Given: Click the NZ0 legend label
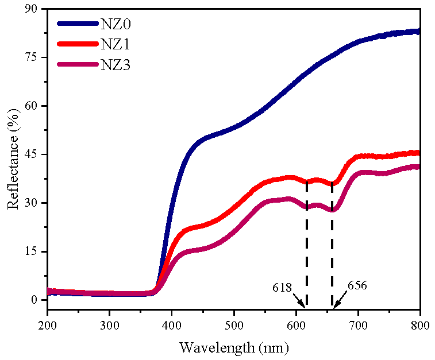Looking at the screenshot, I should coord(117,24).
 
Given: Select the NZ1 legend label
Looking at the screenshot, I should coord(117,44).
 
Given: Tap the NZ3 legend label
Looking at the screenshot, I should coord(117,65).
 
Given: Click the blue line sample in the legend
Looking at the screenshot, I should coord(78,24).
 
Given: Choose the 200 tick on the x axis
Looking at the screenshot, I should coord(48,325).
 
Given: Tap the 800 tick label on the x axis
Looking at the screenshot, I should coord(420,325).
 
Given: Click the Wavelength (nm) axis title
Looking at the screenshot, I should coord(234,347).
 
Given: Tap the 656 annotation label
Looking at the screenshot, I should coord(357,284).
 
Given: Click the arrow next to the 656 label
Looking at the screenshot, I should coord(340,299).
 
